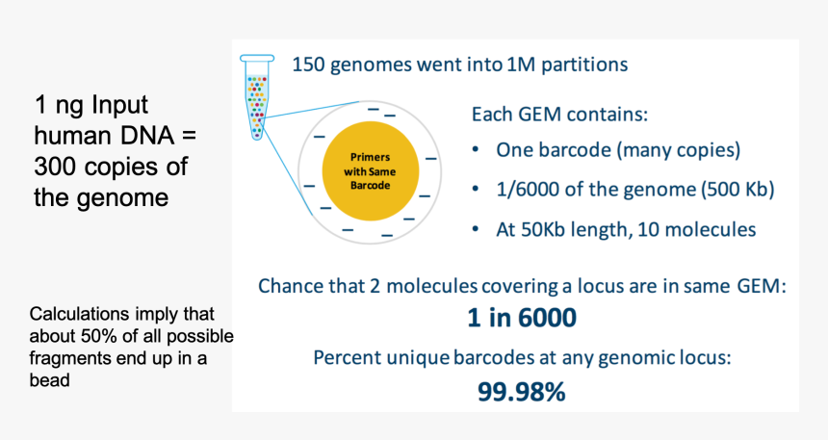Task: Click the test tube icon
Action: [257, 96]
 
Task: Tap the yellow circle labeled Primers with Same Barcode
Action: [370, 171]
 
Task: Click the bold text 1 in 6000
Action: [522, 318]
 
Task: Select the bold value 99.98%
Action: [522, 392]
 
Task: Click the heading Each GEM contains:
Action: [559, 115]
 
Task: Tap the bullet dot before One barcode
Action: [476, 150]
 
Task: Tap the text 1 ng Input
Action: [91, 105]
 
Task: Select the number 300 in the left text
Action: [55, 167]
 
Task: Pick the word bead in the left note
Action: [49, 380]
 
